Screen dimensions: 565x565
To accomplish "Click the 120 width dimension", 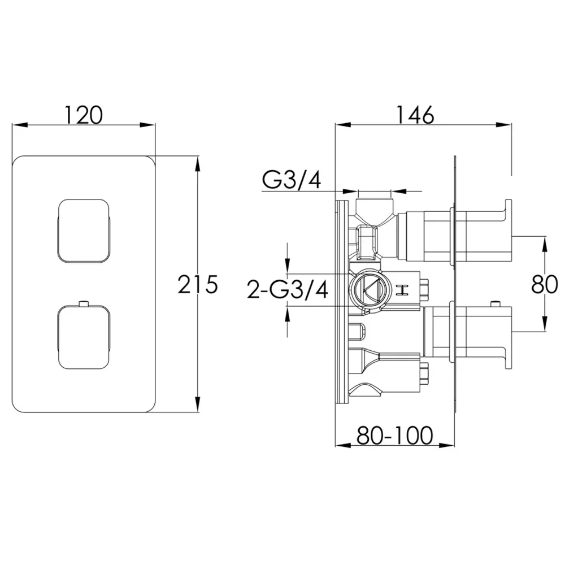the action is coord(84,115).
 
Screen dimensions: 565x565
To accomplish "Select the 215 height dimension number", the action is coord(198,284).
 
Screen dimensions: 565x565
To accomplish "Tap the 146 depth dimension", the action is coord(415,115).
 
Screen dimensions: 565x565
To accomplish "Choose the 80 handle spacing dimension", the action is coord(545,284).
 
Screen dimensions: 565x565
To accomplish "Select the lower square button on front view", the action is coord(83,337).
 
